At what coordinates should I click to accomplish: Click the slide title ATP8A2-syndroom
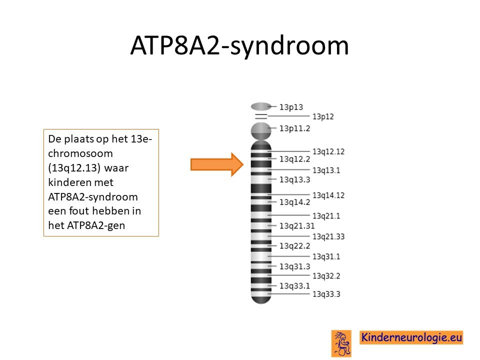pos(239,45)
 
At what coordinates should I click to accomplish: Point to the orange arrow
pos(216,164)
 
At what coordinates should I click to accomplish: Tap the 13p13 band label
pos(291,107)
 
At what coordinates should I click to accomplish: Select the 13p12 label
pos(323,116)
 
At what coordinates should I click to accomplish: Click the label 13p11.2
pos(295,128)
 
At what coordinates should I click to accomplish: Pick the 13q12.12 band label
pos(328,151)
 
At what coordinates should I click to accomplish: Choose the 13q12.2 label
pos(295,159)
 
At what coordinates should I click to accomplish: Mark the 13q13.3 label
pos(295,179)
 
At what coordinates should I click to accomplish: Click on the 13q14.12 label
pos(328,195)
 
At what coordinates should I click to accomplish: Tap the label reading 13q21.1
pos(326,216)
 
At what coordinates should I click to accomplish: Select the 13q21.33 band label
pos(328,236)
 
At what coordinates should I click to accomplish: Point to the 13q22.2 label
pos(295,246)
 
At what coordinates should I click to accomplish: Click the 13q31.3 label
pos(295,266)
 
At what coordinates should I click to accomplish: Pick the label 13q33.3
pos(326,294)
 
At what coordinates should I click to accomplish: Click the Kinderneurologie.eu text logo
pos(411,337)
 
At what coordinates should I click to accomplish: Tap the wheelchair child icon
pos(341,343)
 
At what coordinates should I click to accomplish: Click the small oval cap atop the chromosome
pos(261,106)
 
